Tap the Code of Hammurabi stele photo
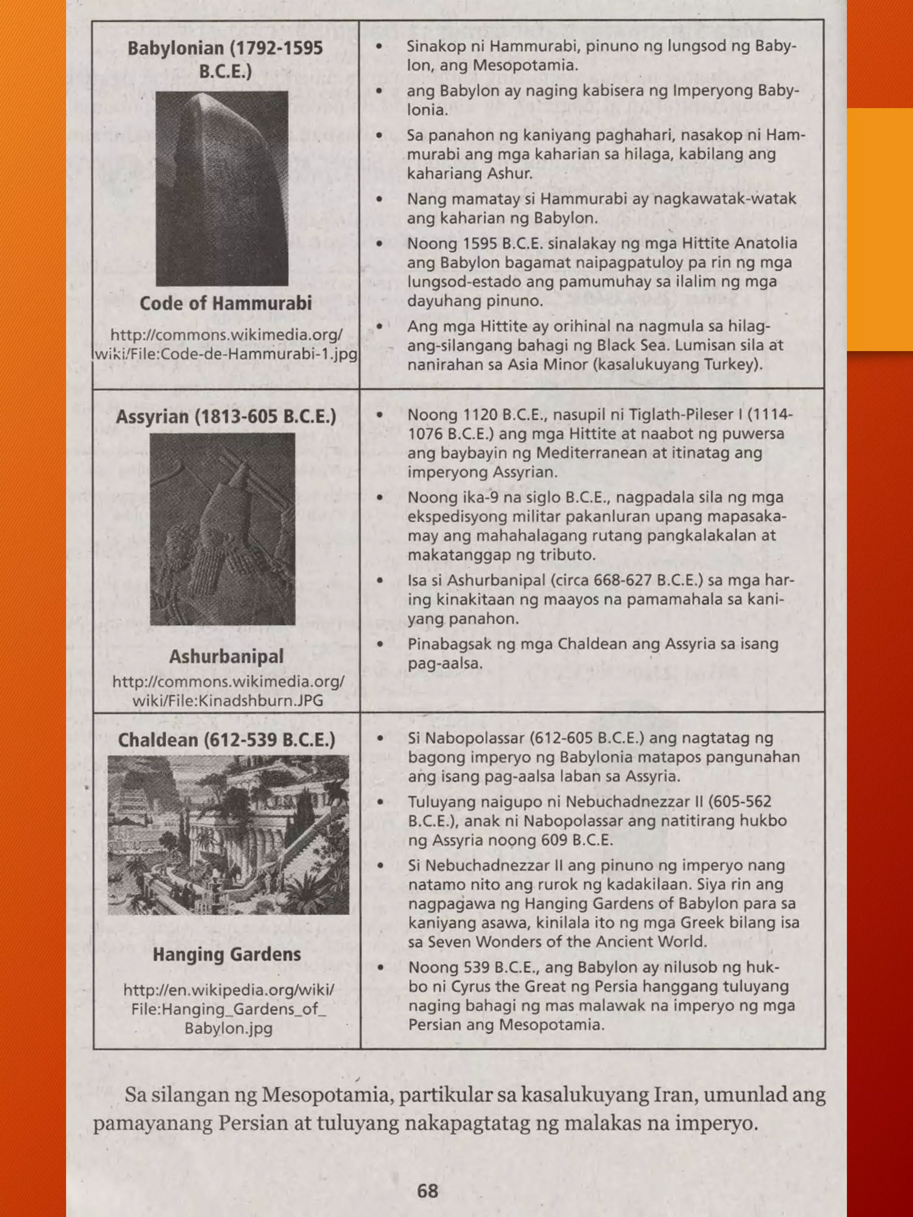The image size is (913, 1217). click(222, 188)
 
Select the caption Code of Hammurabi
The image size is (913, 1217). click(226, 303)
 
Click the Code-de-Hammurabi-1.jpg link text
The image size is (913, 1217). click(226, 354)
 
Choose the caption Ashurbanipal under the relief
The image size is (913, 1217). click(226, 656)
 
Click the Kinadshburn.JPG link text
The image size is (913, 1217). click(227, 701)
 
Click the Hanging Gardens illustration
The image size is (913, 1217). click(228, 835)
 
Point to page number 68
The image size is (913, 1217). click(428, 1191)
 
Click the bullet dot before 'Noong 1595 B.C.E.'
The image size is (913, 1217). click(379, 243)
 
